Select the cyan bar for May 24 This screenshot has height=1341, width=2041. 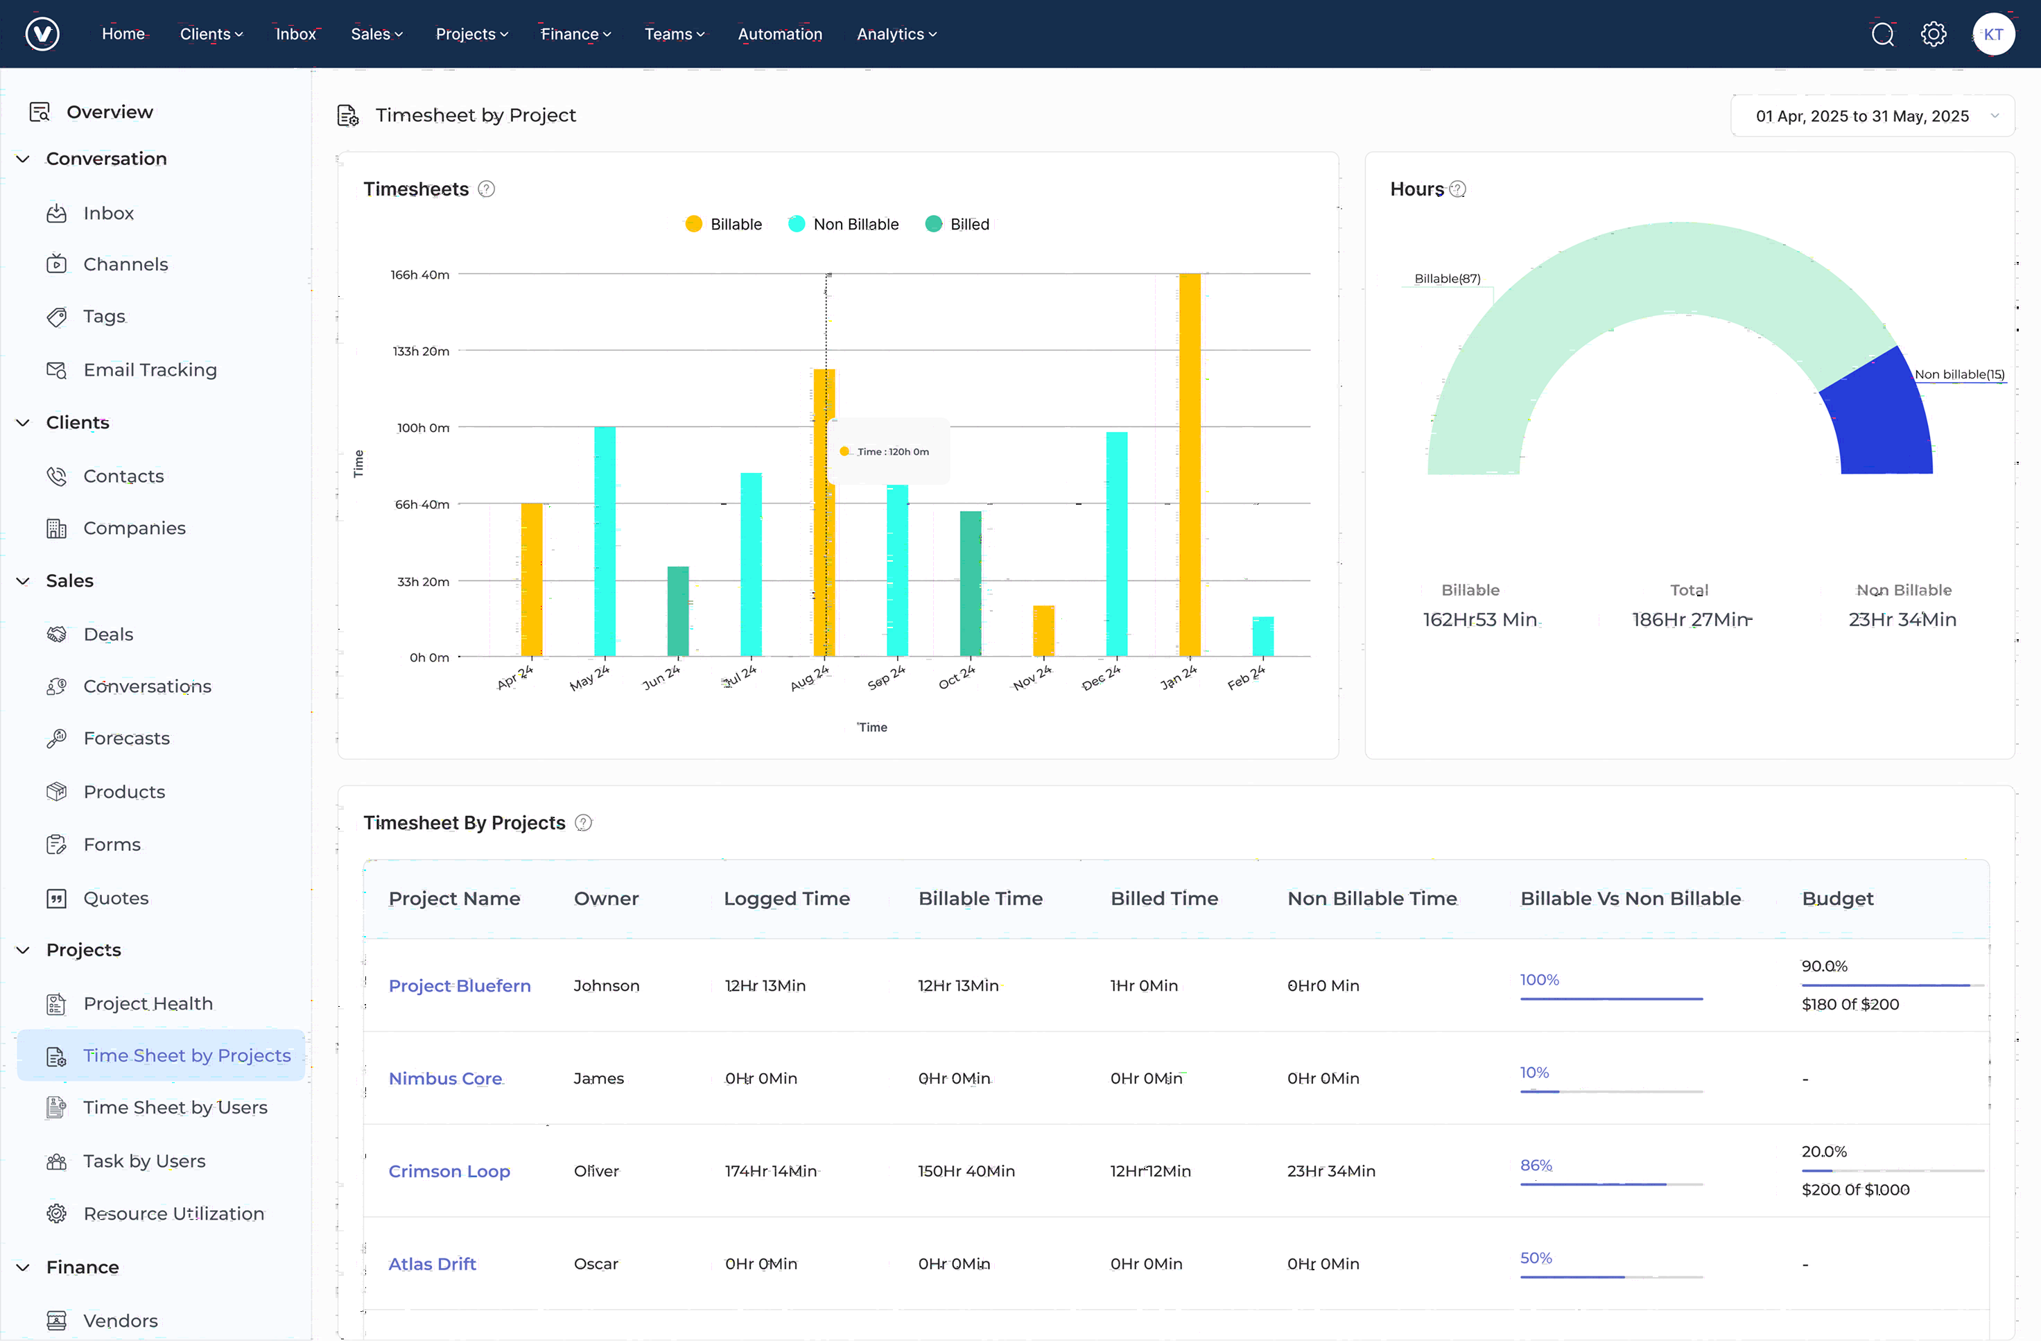605,542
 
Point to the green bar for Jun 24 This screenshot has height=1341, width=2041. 677,611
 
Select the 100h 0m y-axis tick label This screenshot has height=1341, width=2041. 423,427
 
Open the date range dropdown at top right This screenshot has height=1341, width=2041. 1871,116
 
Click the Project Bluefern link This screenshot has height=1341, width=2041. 459,986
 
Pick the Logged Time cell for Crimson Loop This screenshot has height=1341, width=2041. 770,1171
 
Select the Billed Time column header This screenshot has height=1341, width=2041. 1164,899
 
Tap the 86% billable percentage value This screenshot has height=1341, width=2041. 1535,1165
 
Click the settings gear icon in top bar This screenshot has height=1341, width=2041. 1933,34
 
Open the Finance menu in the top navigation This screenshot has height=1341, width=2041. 575,34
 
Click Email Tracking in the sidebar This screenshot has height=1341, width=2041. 149,370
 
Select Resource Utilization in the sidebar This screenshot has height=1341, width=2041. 173,1213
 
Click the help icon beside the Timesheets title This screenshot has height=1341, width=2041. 486,189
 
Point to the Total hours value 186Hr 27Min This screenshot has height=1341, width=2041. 1691,619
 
